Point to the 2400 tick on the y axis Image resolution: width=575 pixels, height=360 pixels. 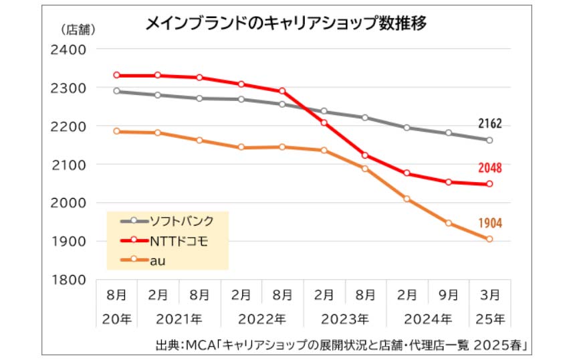point(68,50)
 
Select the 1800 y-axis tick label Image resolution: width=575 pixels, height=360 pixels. point(68,280)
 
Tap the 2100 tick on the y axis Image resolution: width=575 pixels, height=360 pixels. point(68,165)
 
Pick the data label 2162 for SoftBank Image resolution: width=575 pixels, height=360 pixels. point(489,124)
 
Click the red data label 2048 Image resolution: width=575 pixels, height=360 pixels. point(489,167)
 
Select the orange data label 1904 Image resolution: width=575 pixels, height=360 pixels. point(489,223)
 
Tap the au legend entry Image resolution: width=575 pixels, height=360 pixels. point(155,258)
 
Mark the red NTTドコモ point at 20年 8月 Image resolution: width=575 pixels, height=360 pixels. point(116,75)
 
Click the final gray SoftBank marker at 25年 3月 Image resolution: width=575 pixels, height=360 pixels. point(489,141)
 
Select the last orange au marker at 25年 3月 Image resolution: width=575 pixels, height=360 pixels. point(489,239)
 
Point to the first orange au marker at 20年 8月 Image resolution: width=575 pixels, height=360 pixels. point(116,131)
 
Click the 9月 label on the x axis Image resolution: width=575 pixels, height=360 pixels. point(449,294)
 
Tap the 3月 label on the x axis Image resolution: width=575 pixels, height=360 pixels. point(490,294)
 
